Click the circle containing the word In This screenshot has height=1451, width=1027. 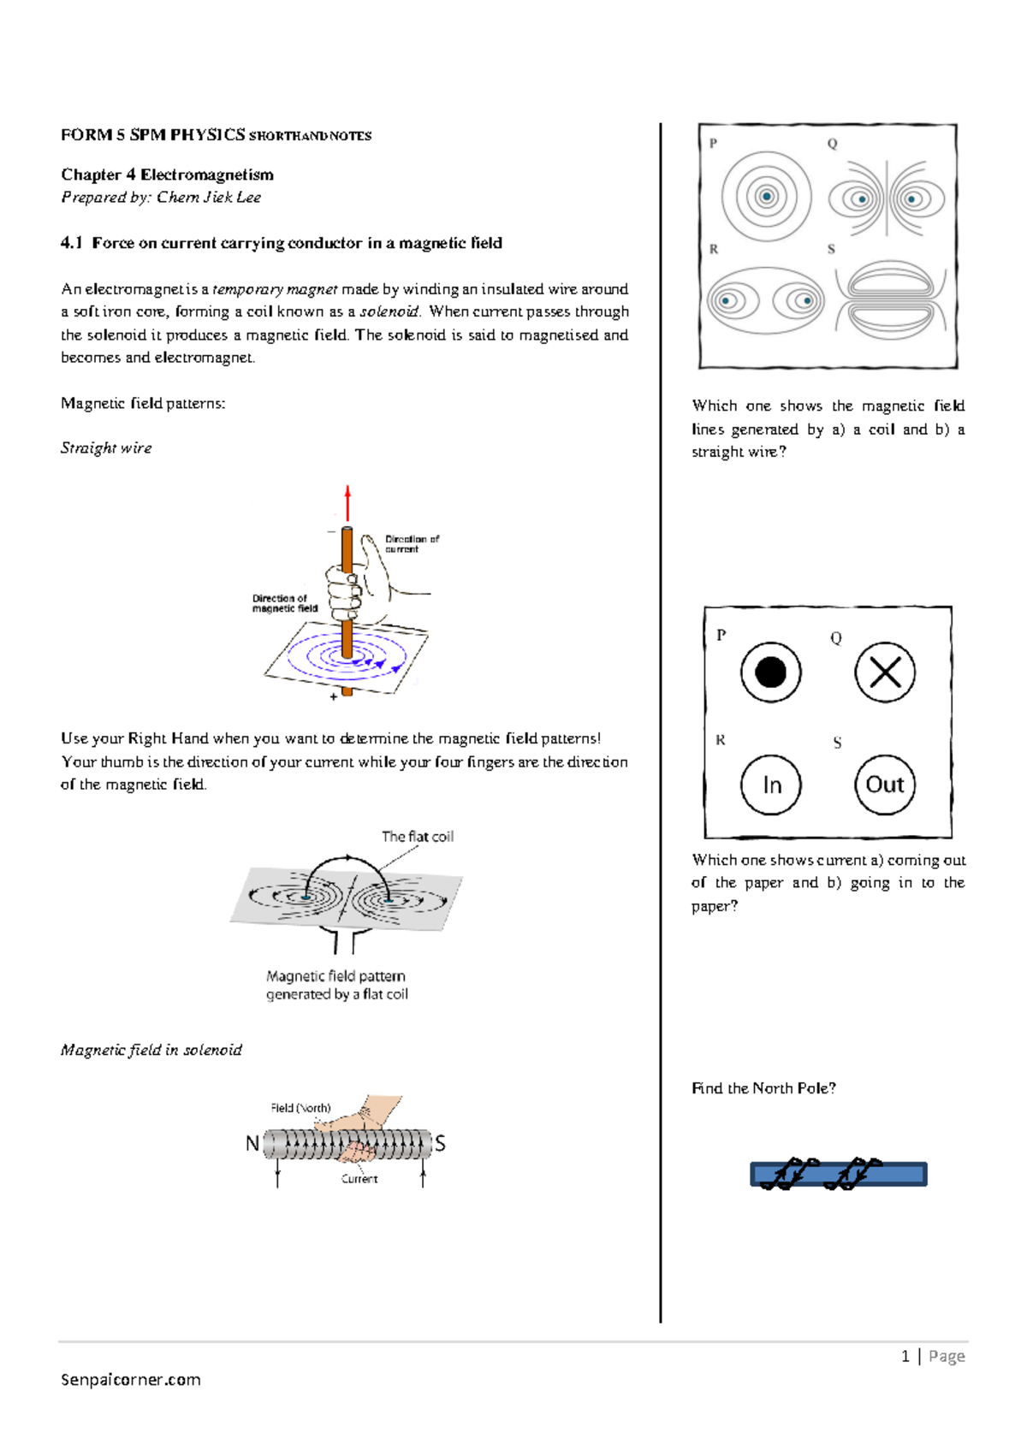coord(771,785)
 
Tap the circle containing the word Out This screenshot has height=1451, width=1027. coord(885,785)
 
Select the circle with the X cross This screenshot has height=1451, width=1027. coord(885,672)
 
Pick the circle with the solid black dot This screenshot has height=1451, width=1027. coord(771,672)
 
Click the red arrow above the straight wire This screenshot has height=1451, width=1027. coord(347,503)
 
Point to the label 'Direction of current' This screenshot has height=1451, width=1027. coord(412,544)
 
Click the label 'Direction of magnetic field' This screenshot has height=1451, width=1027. coord(284,603)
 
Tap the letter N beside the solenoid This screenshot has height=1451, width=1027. coord(252,1144)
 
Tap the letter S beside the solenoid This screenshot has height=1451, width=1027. coord(440,1144)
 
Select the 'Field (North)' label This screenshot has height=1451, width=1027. coord(300,1108)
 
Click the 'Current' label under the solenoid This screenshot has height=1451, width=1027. coord(359,1179)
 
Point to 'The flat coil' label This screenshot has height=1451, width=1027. coord(418,837)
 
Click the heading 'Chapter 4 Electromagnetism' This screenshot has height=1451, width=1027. coord(167,175)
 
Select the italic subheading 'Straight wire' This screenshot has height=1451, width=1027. coord(106,448)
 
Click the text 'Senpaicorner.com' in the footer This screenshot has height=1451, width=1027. coord(131,1379)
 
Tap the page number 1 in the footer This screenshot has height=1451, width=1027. coord(905,1356)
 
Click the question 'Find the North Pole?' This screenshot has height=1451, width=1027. coord(763,1088)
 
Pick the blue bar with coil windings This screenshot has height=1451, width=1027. coord(839,1175)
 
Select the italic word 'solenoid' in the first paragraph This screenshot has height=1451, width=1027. coord(389,311)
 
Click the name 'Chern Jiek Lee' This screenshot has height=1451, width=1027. coord(209,197)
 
